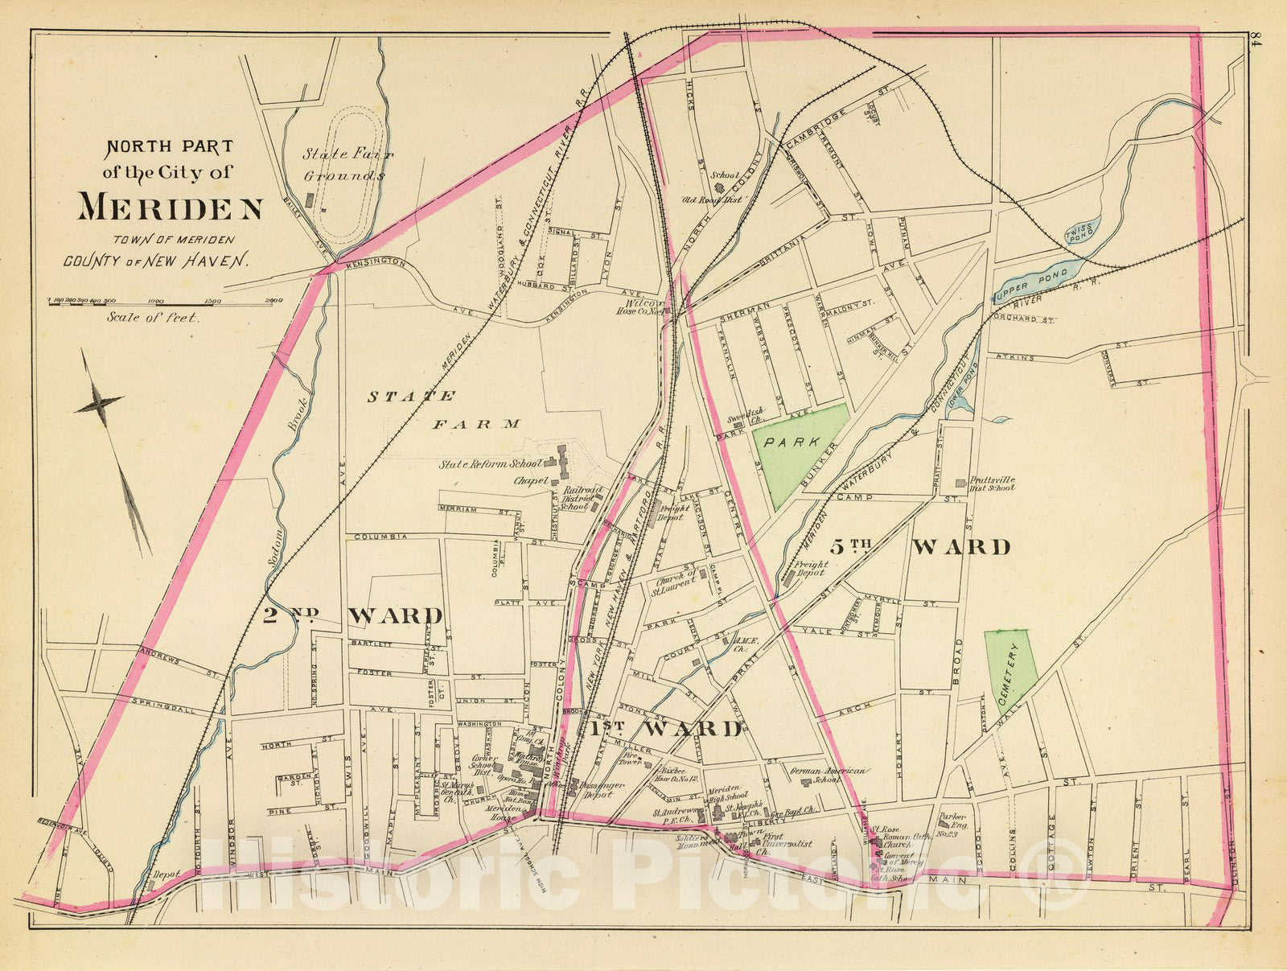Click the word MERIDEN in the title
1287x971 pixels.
pyautogui.click(x=171, y=208)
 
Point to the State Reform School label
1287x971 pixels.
pyautogui.click(x=488, y=464)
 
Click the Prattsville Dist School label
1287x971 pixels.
pyautogui.click(x=989, y=484)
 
